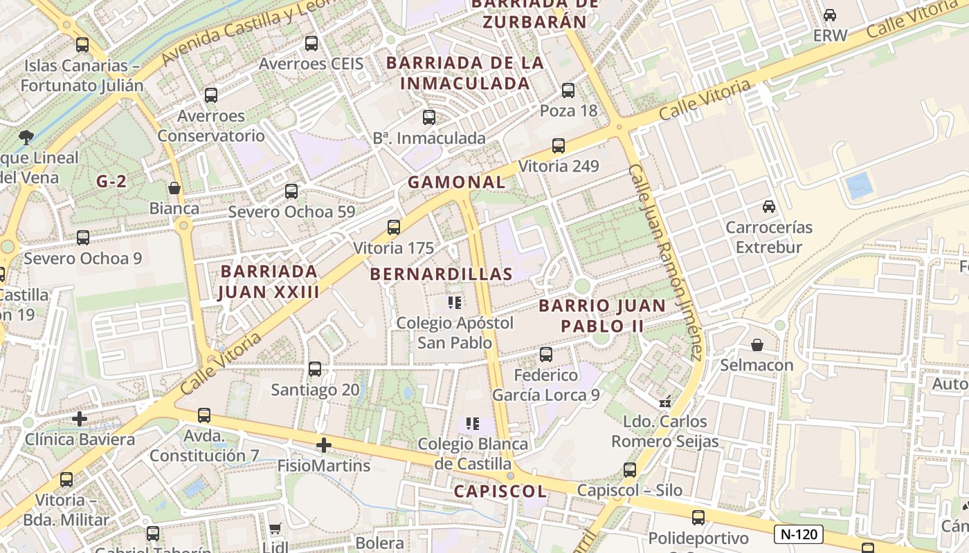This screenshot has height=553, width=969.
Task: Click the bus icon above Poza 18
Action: [568, 90]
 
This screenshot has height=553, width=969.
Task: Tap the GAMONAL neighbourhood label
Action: [456, 182]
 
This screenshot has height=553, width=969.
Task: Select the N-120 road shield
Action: [798, 534]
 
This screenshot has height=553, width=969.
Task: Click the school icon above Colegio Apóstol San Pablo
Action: [455, 302]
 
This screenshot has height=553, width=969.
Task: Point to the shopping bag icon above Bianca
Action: [174, 188]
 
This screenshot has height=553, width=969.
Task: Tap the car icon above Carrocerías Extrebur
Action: [768, 206]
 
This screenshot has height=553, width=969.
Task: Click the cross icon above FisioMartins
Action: [323, 445]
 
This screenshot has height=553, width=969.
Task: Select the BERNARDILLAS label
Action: [441, 274]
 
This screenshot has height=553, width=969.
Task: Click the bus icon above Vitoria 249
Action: [559, 146]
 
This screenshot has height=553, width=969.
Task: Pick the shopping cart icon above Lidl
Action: [275, 529]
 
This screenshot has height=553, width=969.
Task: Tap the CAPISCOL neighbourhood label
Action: [500, 491]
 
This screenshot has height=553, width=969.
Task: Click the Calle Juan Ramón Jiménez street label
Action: [667, 263]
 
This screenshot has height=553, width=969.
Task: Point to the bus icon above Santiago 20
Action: [315, 369]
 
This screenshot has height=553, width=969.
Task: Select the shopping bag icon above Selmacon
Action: [757, 344]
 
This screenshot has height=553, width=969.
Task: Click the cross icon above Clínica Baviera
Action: [80, 419]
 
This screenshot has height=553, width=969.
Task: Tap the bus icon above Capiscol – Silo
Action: [630, 470]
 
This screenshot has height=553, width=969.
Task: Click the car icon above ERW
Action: [830, 15]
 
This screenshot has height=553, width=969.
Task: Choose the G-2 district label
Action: [111, 182]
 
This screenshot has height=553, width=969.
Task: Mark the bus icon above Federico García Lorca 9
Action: [546, 355]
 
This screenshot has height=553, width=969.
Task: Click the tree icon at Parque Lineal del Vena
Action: [26, 137]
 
